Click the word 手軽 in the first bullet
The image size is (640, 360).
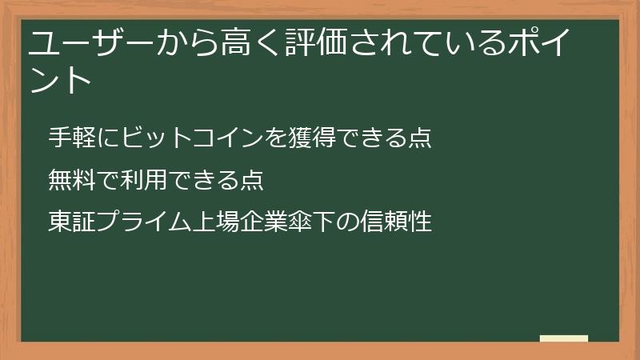click(70, 138)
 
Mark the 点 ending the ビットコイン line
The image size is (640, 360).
click(421, 138)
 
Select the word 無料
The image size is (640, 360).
click(70, 179)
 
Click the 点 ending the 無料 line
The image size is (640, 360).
click(252, 179)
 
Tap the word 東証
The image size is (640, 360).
click(70, 222)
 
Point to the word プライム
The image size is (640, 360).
click(142, 222)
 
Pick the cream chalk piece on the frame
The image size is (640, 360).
click(563, 338)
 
